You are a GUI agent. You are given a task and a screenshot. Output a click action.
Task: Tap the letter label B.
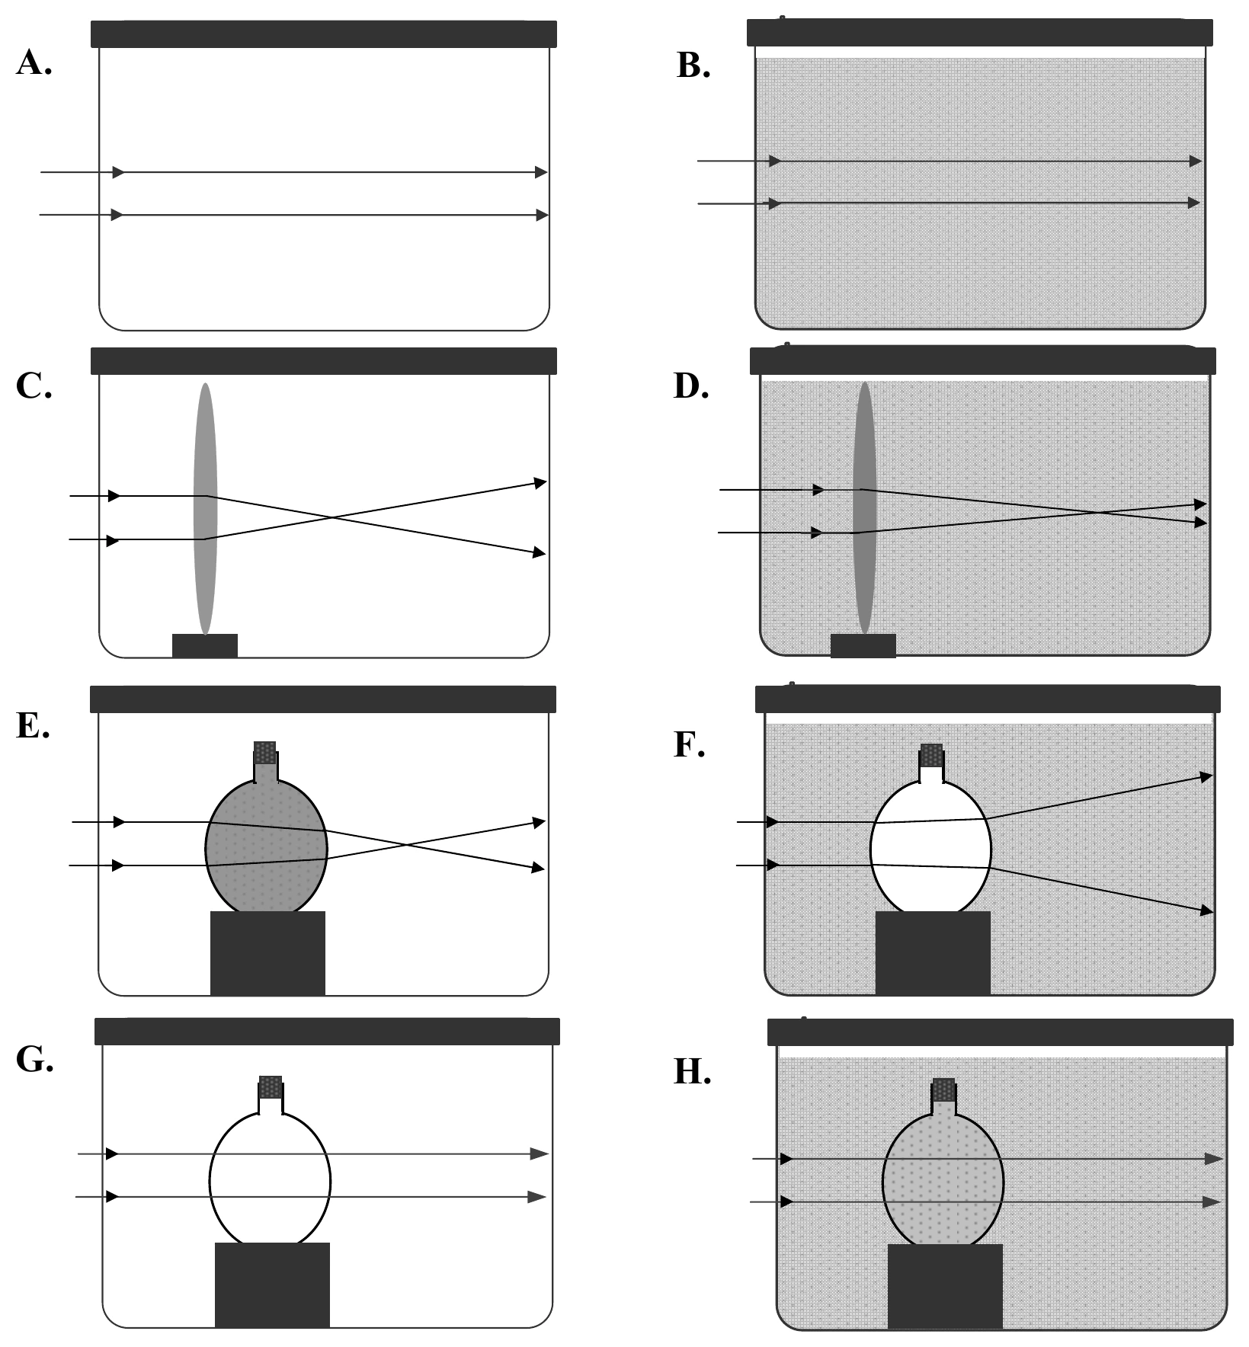point(693,66)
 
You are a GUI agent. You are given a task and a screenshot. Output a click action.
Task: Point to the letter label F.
point(690,744)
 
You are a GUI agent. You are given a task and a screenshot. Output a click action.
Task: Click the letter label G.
point(35,1060)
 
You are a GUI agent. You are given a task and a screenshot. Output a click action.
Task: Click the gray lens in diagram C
point(205,509)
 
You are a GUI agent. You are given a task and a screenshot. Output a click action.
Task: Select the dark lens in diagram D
point(864,508)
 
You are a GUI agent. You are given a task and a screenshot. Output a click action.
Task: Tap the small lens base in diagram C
point(205,645)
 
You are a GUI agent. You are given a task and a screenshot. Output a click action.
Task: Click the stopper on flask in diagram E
point(265,753)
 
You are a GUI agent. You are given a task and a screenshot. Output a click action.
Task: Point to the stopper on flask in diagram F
point(931,756)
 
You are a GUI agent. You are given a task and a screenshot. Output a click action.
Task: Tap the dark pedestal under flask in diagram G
point(272,1285)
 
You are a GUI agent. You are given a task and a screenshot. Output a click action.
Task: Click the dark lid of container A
point(324,34)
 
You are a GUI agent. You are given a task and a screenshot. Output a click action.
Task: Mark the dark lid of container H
point(1001,1032)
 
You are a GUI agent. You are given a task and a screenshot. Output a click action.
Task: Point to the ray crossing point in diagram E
point(406,844)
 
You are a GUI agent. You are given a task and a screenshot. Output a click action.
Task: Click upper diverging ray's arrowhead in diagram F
point(1206,776)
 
